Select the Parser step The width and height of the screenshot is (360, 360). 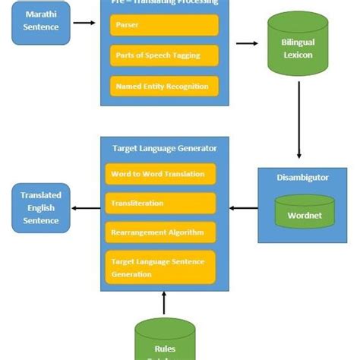tap(164, 26)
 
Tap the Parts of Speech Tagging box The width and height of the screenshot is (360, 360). tap(164, 55)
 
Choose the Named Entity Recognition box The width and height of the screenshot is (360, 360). tap(164, 86)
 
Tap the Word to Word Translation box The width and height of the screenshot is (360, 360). tap(160, 174)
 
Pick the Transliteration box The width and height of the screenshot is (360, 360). tap(160, 203)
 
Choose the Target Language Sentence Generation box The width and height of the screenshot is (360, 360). tap(160, 267)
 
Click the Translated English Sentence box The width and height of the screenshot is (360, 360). tap(41, 207)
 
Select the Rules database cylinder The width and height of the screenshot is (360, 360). tap(165, 340)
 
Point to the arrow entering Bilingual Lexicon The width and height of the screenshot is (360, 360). tap(247, 43)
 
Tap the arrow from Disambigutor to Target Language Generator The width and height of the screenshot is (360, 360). tap(243, 207)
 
